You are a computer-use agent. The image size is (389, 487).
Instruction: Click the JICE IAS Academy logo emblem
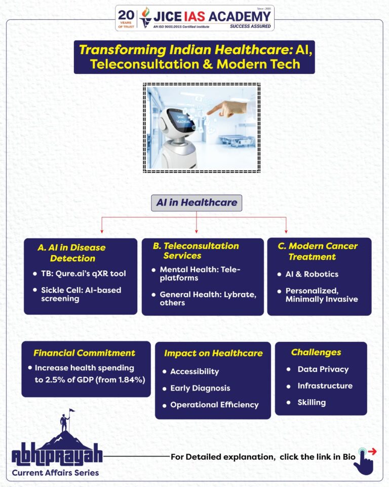coord(145,17)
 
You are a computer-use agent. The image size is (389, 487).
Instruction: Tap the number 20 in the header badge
coord(126,15)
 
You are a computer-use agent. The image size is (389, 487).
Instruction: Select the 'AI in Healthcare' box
coord(197,203)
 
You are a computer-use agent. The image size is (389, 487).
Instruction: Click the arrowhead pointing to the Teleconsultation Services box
coord(197,231)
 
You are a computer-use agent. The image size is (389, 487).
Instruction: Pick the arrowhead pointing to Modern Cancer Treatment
coord(286,231)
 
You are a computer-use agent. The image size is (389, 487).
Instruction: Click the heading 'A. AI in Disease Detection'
coord(71,253)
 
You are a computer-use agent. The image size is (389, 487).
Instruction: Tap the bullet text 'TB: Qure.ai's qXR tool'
coord(84,273)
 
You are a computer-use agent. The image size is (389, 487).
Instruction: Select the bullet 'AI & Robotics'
coord(312,274)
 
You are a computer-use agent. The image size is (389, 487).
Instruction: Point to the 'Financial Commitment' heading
coord(85,353)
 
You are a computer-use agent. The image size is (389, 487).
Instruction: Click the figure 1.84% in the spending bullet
coord(131,380)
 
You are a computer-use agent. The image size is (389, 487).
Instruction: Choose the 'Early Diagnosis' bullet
coord(200,388)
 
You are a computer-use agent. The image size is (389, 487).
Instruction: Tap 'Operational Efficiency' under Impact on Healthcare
coord(214,405)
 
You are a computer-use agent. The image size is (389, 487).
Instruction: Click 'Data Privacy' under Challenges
coord(323,369)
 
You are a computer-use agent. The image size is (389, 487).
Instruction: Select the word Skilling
coord(312,402)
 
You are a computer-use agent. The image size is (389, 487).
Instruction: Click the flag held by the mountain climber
coord(71,410)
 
